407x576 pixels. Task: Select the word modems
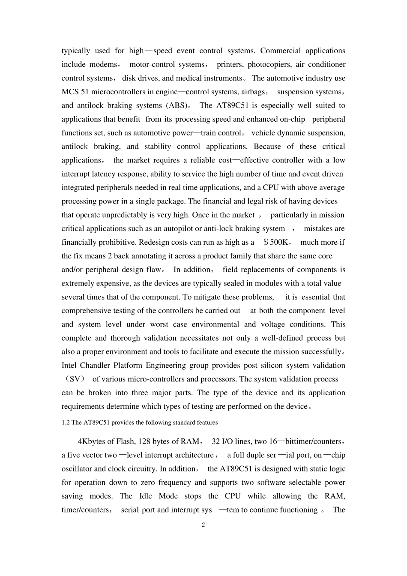click(103, 64)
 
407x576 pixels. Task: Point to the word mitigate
click(205, 297)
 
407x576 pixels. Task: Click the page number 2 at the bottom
click(203, 525)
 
